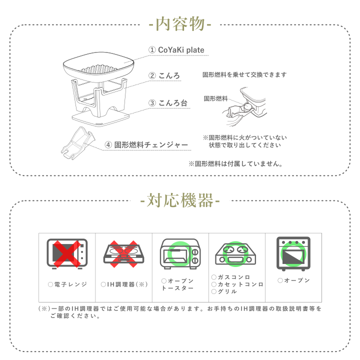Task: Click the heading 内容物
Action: point(180,24)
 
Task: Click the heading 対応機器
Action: point(180,200)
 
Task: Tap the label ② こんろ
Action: point(164,75)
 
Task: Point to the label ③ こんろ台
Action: point(168,103)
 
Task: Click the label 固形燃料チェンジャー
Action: point(151,145)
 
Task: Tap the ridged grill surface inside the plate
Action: point(98,69)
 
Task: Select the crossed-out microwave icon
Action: point(67,253)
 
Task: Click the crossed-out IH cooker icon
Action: point(123,254)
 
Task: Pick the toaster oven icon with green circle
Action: point(180,253)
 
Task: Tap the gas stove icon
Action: point(235,254)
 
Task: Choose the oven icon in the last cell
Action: point(293,253)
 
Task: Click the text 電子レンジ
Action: point(70,284)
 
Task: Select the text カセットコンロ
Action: point(240,284)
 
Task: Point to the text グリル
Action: point(227,291)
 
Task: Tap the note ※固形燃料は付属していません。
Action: point(235,163)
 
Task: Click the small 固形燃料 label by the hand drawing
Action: point(215,98)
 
